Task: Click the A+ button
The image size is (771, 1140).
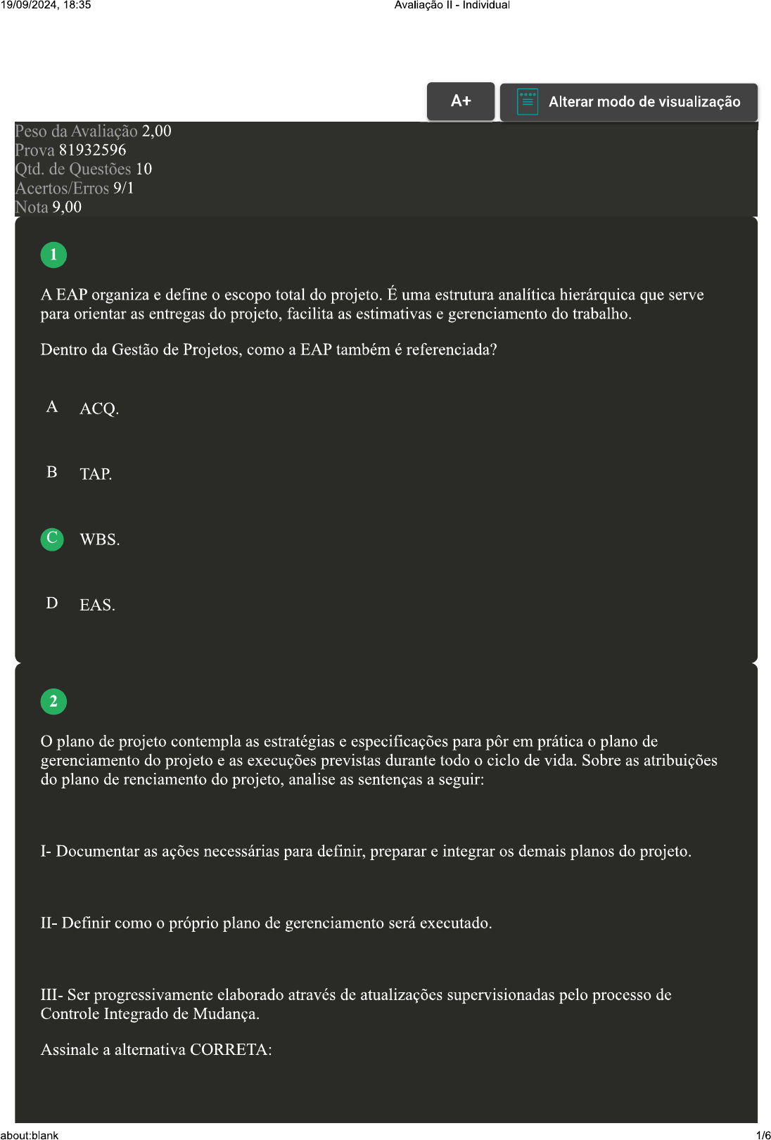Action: (x=461, y=101)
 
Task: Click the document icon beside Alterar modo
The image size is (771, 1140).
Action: (x=527, y=101)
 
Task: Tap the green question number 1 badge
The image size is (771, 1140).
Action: (x=53, y=255)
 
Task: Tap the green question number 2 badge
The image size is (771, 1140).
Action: (x=53, y=701)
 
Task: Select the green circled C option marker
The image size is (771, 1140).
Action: (x=52, y=539)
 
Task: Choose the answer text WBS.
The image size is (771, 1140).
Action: (x=99, y=540)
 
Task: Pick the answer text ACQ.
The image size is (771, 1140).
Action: (x=99, y=409)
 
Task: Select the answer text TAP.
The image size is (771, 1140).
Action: (x=96, y=474)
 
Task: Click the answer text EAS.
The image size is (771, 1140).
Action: (x=97, y=606)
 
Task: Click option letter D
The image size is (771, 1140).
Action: (x=52, y=603)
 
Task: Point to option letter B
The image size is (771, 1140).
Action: (x=52, y=472)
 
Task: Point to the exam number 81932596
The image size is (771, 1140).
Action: (x=92, y=150)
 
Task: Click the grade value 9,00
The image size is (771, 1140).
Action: (x=67, y=207)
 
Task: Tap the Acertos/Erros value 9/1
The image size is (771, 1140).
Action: (x=123, y=188)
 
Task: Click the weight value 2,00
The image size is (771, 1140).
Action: (x=156, y=132)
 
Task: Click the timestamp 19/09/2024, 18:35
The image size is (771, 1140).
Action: (x=46, y=5)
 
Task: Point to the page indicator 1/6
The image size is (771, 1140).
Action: (x=763, y=1134)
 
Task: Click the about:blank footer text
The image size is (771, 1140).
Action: (x=30, y=1134)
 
